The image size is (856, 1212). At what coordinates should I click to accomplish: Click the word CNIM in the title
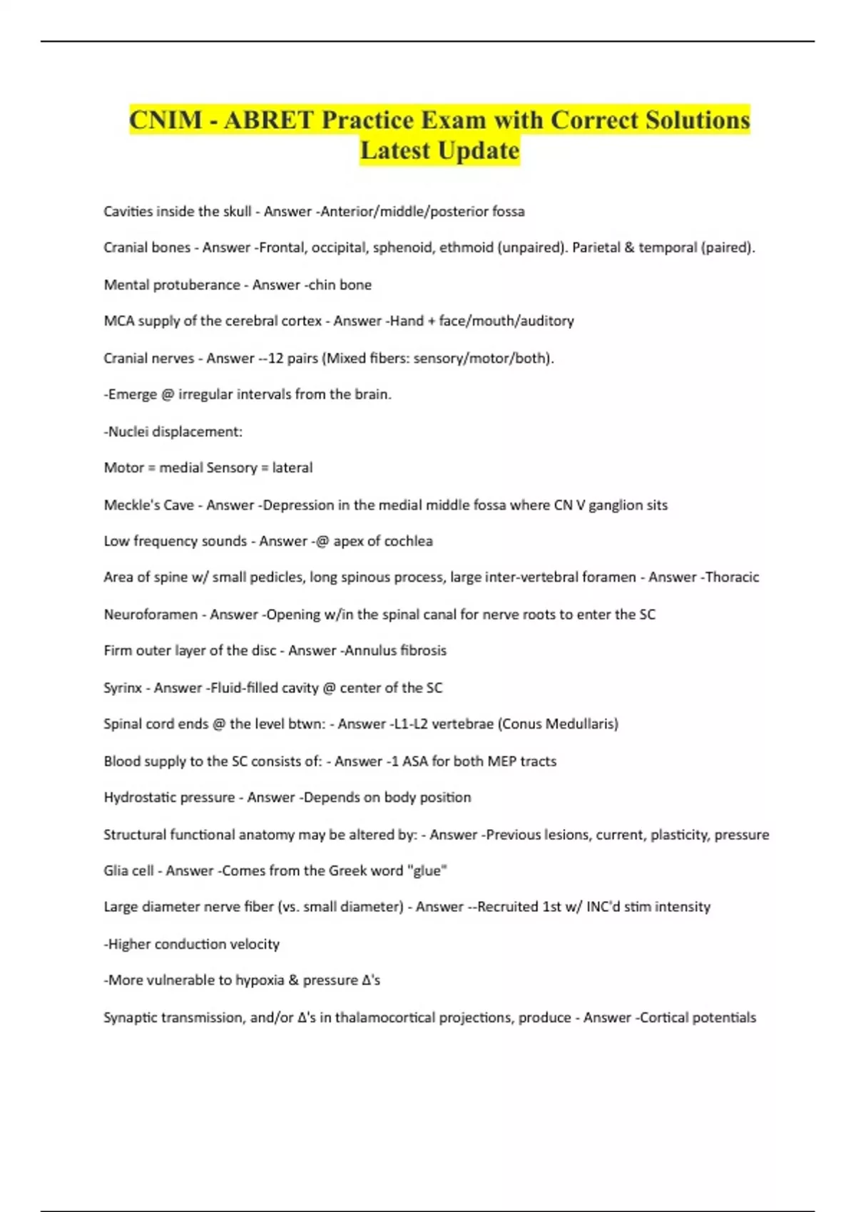click(x=165, y=120)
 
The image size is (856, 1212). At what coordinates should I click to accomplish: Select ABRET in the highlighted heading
click(x=269, y=120)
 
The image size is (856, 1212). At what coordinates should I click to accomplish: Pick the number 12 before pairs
click(x=275, y=358)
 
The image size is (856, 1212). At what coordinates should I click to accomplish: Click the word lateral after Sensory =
click(x=292, y=468)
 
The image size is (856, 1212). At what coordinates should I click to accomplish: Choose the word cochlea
click(x=408, y=541)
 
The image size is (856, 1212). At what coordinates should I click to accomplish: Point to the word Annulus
click(x=368, y=650)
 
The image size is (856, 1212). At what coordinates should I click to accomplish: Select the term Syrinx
click(x=123, y=688)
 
